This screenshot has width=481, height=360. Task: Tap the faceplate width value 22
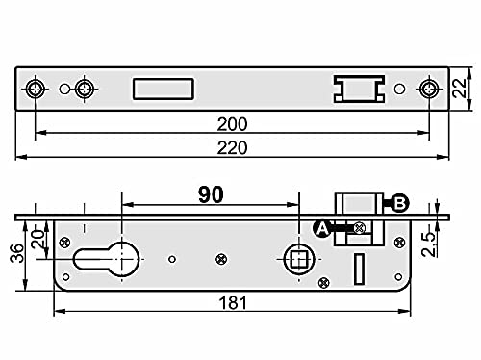tap(463, 89)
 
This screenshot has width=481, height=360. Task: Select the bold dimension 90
tap(211, 193)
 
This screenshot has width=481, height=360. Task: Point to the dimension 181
tap(232, 302)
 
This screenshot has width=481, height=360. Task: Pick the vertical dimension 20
tap(38, 237)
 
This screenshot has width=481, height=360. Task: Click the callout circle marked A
tap(322, 227)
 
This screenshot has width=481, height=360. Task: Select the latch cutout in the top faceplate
tap(358, 89)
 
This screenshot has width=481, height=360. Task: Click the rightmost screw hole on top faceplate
tap(428, 89)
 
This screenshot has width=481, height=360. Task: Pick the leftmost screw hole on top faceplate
tap(36, 89)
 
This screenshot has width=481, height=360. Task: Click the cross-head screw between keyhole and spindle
tap(221, 257)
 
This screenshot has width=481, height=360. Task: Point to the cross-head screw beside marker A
tap(359, 227)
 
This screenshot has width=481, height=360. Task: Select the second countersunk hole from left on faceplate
tap(85, 89)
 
